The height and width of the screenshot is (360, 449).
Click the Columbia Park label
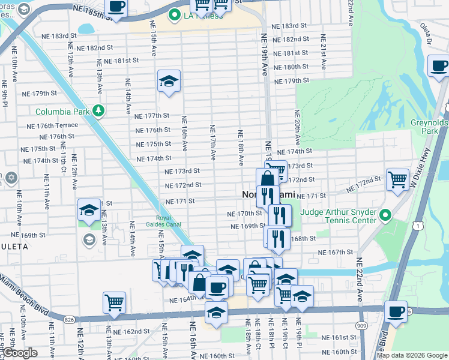point(62,112)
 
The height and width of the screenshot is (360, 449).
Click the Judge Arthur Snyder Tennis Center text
point(344,215)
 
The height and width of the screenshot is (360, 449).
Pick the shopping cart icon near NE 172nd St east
point(397,178)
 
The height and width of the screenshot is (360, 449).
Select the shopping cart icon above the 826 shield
point(114,302)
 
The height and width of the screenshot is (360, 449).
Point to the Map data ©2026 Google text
point(412,355)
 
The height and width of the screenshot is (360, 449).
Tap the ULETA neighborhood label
point(14,247)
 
